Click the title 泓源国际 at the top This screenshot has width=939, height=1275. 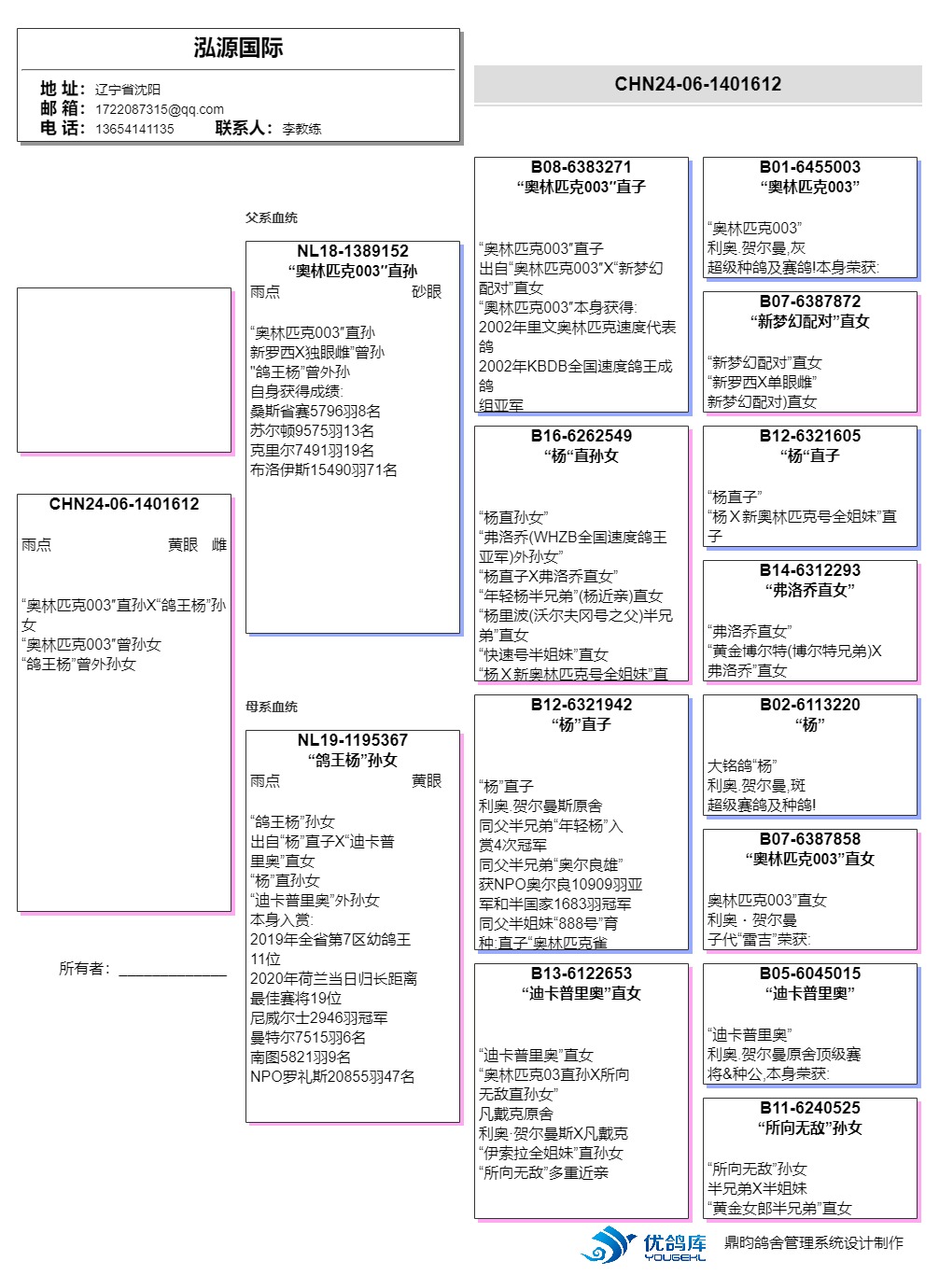238,49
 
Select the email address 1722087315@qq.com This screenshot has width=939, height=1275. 160,109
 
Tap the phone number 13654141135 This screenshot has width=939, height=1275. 134,129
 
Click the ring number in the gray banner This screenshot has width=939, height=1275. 697,84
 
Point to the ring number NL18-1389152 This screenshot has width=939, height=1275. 353,251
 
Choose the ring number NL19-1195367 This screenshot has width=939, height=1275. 353,740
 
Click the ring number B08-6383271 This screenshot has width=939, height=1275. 582,167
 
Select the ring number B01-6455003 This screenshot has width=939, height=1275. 810,167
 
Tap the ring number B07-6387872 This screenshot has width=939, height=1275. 810,301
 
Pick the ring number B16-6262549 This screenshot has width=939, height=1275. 582,436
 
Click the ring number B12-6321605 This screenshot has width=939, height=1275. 810,436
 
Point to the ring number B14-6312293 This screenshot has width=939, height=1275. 810,570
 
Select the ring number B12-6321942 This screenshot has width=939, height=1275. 582,705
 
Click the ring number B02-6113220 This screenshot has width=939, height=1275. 810,705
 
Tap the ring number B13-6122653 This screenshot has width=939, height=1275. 582,974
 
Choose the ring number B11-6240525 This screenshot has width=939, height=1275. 810,1108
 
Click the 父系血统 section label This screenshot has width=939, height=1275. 272,217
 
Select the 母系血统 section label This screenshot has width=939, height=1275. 272,707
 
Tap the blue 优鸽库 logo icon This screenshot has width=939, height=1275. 610,1244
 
